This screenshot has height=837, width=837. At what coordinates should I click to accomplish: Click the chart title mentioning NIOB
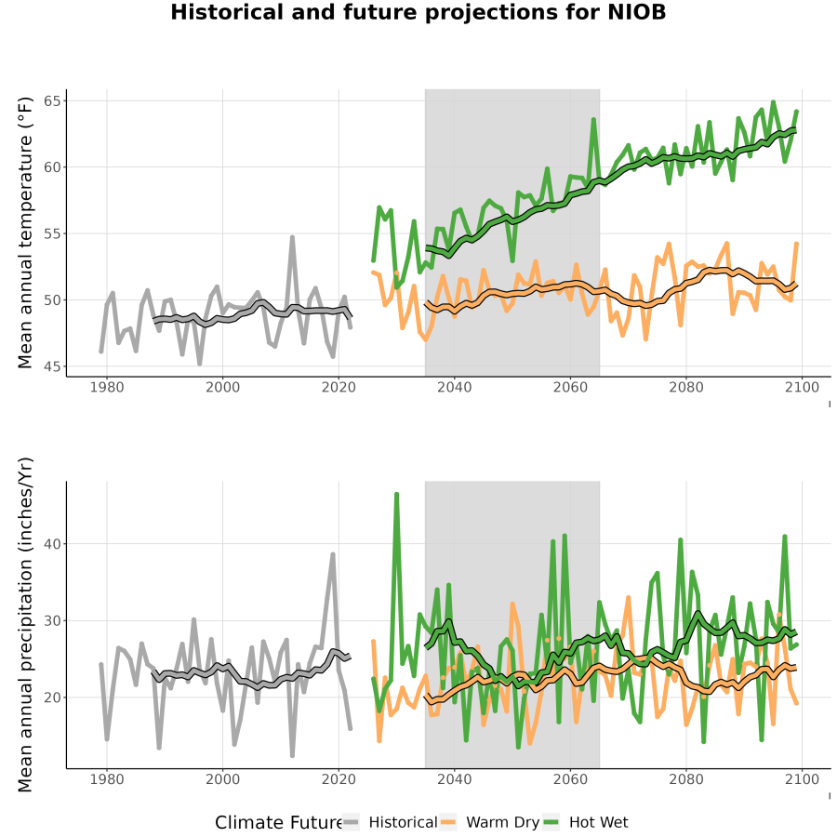click(x=418, y=12)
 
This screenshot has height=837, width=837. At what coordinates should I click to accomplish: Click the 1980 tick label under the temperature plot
click(x=107, y=387)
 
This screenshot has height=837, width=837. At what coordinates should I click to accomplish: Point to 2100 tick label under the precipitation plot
click(x=802, y=779)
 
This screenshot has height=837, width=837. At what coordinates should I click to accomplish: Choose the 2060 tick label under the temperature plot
click(x=570, y=387)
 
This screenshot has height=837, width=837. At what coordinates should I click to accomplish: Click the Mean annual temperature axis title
click(x=25, y=232)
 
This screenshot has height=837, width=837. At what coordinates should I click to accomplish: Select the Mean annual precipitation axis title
click(x=25, y=625)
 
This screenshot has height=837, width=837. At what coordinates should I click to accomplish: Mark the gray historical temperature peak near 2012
click(x=293, y=237)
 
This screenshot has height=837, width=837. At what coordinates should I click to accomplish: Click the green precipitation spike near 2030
click(x=396, y=495)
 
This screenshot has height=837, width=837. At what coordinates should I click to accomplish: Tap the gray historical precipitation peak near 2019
click(x=333, y=554)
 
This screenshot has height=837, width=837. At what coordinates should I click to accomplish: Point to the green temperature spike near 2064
click(x=593, y=120)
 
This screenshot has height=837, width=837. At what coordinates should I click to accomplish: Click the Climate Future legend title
click(x=278, y=822)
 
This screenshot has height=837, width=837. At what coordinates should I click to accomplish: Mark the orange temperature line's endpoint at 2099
click(x=796, y=244)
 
